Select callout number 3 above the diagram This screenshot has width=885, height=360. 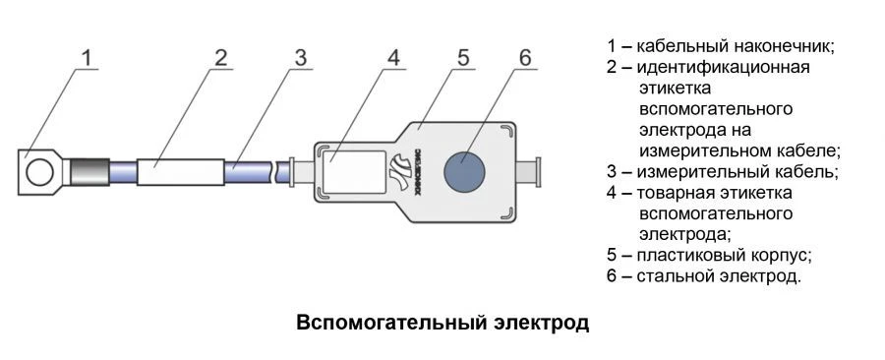tap(301, 57)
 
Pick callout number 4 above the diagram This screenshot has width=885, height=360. tap(392, 57)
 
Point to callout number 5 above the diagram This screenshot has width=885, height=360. tap(463, 57)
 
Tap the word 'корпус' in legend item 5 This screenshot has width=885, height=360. tap(781, 255)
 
